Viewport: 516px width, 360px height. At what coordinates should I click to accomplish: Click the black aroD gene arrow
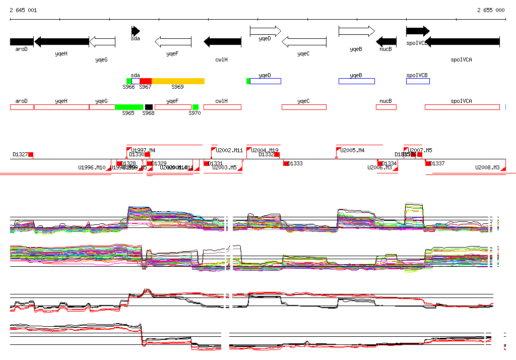[22, 42]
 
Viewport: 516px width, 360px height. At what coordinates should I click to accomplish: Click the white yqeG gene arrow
[102, 42]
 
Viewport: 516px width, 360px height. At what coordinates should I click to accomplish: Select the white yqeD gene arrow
[265, 31]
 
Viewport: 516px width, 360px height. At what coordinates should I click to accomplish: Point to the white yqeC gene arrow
[303, 42]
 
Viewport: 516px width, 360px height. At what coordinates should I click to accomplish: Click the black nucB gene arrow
[386, 42]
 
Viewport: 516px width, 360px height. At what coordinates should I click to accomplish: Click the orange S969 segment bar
[178, 81]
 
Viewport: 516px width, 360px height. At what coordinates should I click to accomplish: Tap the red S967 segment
[146, 81]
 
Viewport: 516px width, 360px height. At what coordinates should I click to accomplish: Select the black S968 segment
[149, 107]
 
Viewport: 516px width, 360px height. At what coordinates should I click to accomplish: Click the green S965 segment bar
[129, 107]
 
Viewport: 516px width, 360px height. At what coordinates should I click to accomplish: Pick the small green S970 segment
[196, 107]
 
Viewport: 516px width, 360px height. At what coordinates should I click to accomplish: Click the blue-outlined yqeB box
[356, 81]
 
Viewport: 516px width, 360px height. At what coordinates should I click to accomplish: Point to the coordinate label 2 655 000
[491, 10]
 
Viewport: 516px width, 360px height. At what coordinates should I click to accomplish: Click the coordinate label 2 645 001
[23, 10]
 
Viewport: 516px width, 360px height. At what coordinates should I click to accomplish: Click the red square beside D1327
[31, 154]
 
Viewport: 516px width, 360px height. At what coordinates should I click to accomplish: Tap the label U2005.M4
[352, 150]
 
